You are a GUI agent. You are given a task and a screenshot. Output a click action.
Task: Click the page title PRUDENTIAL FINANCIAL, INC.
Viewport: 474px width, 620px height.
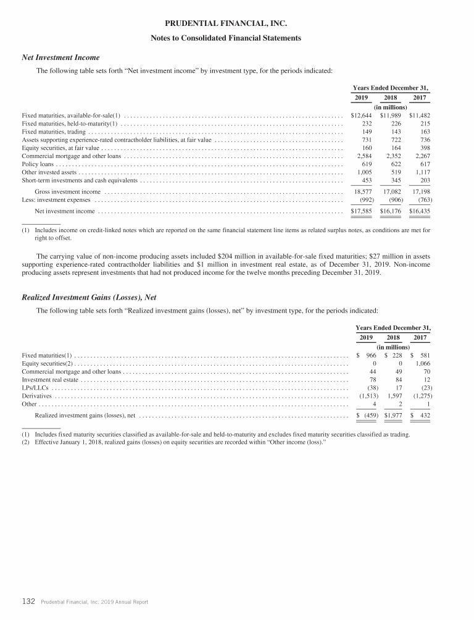tap(236, 25)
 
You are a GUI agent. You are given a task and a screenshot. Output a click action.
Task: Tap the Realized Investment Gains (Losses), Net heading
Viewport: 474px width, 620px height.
tap(89, 297)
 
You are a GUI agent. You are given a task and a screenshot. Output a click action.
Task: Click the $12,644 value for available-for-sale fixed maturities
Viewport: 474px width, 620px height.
tap(361, 115)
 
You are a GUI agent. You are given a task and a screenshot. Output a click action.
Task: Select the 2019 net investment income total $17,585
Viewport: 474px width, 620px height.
tap(361, 211)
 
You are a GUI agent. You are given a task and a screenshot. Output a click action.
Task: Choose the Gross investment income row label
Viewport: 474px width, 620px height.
tap(67, 192)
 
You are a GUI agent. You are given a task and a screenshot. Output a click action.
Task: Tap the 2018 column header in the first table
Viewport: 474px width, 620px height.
tap(391, 98)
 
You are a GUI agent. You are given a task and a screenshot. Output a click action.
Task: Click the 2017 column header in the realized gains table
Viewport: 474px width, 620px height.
tap(420, 337)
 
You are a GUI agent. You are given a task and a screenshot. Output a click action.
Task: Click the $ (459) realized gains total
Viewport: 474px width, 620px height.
tap(367, 416)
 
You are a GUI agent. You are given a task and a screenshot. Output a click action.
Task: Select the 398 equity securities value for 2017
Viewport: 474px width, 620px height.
tap(423, 148)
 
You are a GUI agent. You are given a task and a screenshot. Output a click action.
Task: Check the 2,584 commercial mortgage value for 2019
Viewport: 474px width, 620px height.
tap(364, 156)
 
